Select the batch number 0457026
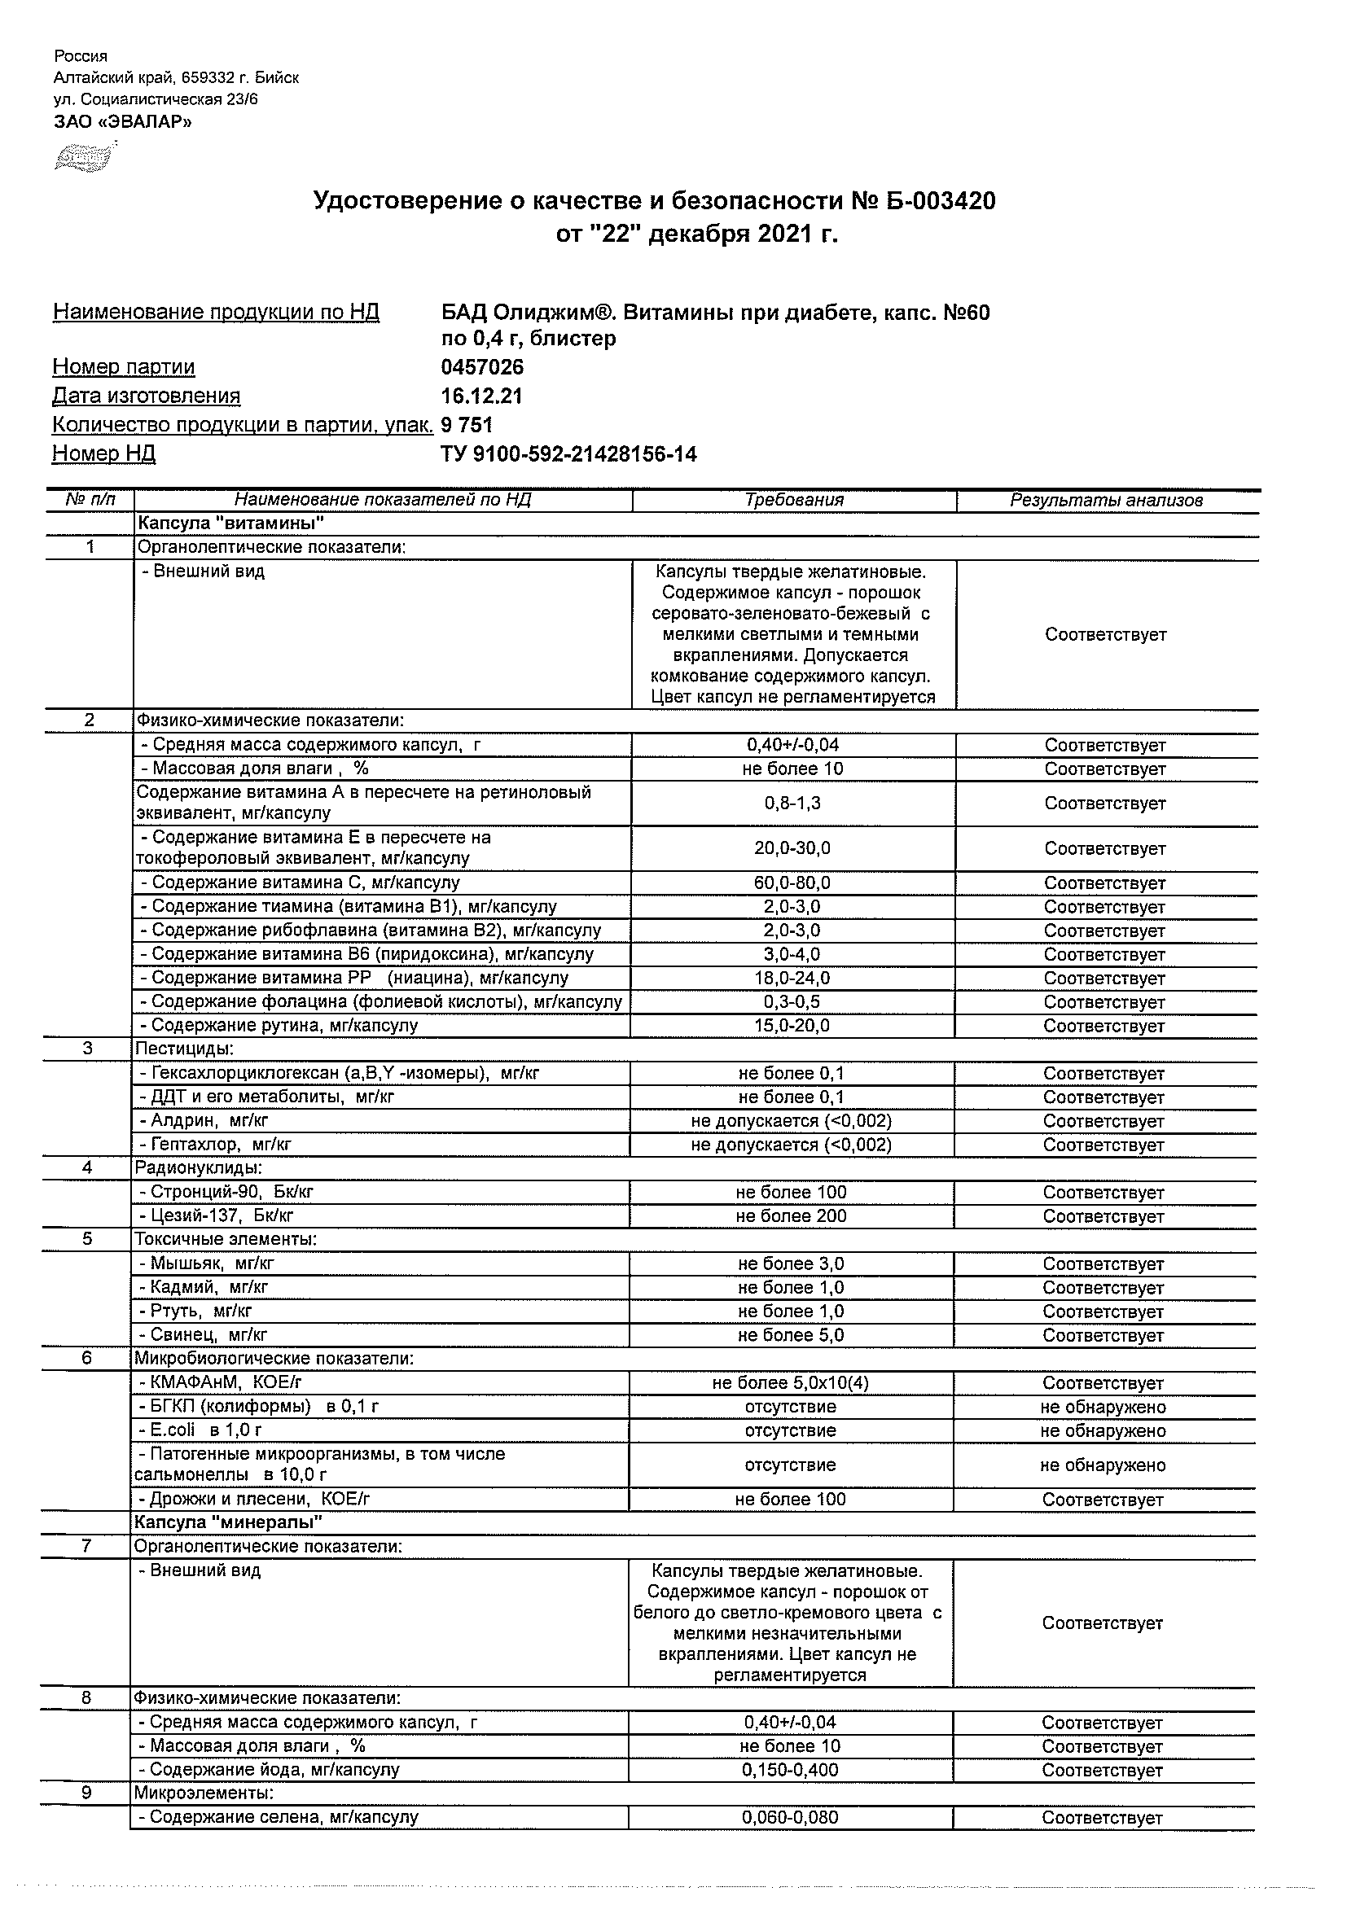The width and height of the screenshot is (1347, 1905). tap(482, 366)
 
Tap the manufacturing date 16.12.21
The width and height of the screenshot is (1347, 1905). tap(481, 396)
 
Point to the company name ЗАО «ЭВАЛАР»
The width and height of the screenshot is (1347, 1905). tap(122, 121)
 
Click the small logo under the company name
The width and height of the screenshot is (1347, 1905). tap(83, 157)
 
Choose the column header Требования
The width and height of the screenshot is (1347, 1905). tap(793, 501)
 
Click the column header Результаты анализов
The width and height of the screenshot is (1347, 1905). tap(1105, 501)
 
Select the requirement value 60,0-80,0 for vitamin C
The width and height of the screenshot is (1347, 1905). tap(792, 882)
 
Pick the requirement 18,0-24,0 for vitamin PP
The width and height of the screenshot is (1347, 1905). tap(792, 979)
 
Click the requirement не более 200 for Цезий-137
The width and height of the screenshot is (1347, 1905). tap(791, 1216)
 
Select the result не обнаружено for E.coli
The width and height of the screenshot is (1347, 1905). tap(1102, 1430)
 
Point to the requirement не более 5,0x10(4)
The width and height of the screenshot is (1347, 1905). tap(790, 1383)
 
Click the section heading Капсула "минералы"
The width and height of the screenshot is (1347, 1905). tap(228, 1522)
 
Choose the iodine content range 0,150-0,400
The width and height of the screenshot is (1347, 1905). tap(790, 1770)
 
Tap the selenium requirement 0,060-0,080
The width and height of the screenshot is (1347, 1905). tap(790, 1817)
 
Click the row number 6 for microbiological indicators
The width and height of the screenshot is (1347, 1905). tap(86, 1358)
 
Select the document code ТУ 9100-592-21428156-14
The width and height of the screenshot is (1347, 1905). tap(568, 453)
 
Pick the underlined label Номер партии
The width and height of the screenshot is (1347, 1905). tap(124, 366)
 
